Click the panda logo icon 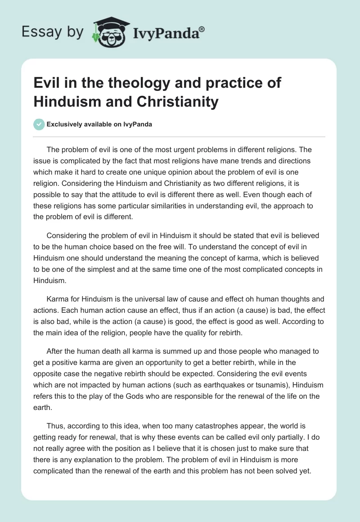(108, 32)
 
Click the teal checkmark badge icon (39, 124)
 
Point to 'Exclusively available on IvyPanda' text (99, 124)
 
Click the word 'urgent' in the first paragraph (175, 149)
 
